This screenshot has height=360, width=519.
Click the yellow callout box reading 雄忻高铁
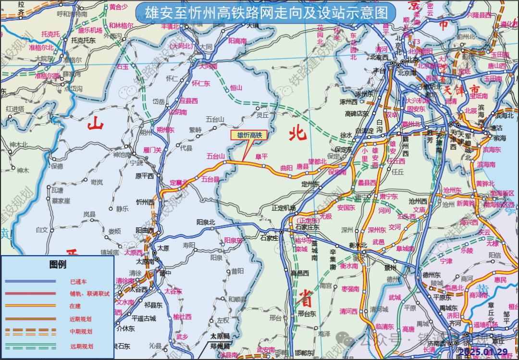point(249,136)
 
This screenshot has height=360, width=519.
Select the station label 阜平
point(261,156)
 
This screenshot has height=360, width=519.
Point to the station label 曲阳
point(286,168)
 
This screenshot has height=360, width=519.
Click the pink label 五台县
point(210,180)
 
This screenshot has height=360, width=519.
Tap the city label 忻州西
point(145,202)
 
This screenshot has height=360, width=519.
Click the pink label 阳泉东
point(233,240)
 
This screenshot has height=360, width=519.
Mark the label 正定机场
point(284,208)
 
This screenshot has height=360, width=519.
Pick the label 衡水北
point(358,245)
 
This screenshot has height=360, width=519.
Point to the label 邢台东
point(306,314)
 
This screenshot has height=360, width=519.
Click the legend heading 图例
point(58,264)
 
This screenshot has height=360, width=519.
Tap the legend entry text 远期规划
point(81,346)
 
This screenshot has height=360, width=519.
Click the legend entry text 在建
point(75,306)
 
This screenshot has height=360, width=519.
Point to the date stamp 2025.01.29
point(482,352)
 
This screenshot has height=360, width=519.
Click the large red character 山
point(95,124)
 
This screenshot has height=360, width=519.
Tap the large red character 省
point(306,297)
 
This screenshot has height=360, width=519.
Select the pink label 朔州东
point(165,130)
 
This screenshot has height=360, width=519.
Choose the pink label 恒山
point(236,87)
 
